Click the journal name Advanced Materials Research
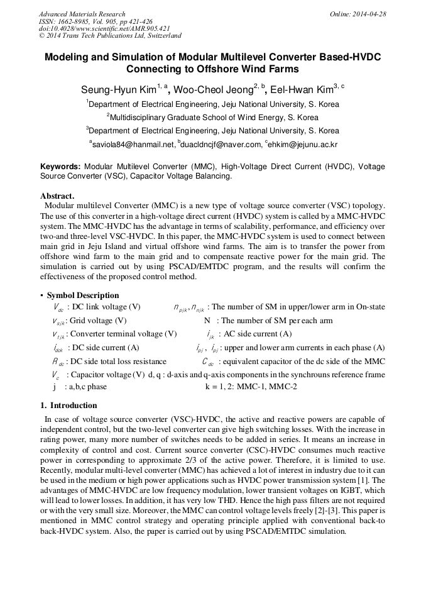coord(82,14)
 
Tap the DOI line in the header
coord(104,29)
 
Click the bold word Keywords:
coord(60,167)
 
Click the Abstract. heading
coord(57,196)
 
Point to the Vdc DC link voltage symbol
coord(58,308)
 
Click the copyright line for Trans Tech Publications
coord(111,36)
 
